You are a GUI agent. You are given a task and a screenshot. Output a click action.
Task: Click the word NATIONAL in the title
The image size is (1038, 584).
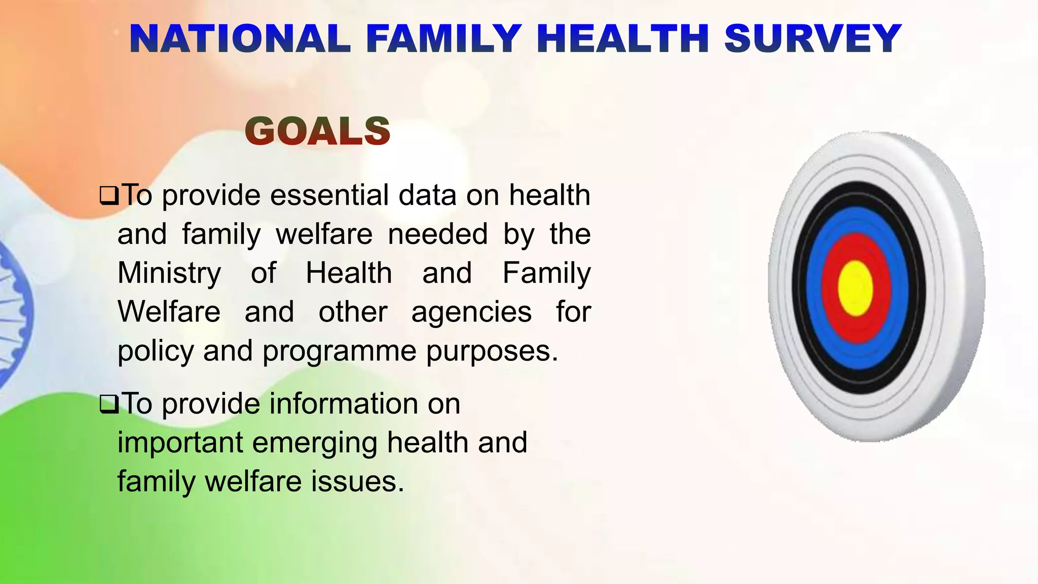pos(240,39)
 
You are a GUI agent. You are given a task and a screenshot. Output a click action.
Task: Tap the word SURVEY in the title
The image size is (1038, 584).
pos(812,39)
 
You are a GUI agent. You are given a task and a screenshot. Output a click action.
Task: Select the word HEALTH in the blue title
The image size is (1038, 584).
pos(622,39)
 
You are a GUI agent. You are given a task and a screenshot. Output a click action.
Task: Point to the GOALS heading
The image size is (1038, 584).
pos(317,131)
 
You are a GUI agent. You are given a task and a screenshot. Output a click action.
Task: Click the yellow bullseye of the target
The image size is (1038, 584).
pos(856,288)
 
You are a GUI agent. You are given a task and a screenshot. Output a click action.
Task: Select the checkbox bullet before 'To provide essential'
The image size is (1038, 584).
pos(109,196)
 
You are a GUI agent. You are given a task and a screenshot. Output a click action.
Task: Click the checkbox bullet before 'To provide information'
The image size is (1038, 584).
pos(109,405)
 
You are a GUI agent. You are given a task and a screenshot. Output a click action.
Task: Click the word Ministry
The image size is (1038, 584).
pos(169,273)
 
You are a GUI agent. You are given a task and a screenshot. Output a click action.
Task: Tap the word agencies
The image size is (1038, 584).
pos(471,312)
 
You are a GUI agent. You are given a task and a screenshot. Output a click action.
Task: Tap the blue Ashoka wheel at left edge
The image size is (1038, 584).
pos(13,314)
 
